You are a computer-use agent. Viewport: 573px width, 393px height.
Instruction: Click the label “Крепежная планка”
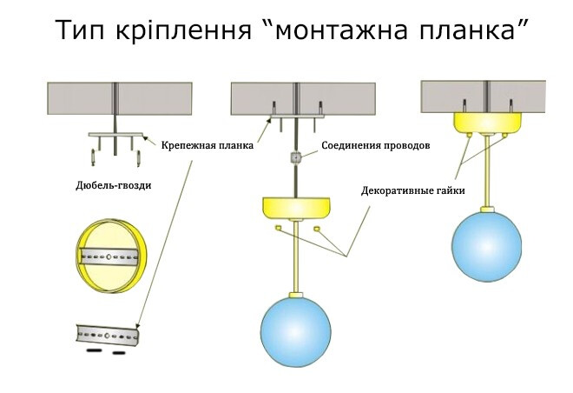pyautogui.click(x=206, y=145)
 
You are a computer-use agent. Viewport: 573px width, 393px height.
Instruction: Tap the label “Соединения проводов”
pyautogui.click(x=375, y=145)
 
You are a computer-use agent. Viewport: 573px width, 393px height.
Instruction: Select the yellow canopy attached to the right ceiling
pyautogui.click(x=487, y=123)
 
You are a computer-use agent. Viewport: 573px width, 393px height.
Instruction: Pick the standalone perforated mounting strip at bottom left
pyautogui.click(x=108, y=333)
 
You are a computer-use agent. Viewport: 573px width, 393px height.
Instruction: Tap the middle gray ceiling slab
pyautogui.click(x=302, y=97)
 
